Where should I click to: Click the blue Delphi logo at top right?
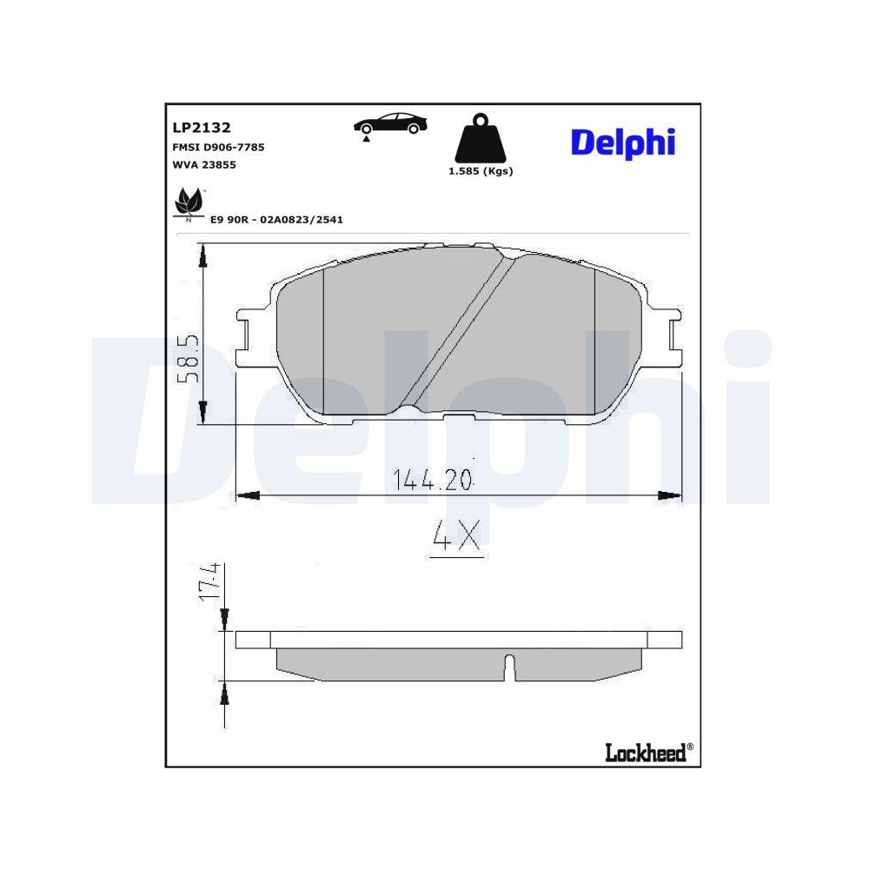pos(622,143)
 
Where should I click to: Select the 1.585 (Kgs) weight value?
pos(481,171)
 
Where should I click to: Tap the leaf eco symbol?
pos(187,204)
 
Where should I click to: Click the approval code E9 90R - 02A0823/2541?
pos(276,220)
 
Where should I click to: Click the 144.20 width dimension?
pos(432,479)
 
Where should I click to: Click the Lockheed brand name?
pos(645,752)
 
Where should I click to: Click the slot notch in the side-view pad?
pos(511,666)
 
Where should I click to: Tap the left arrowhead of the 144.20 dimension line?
pos(249,495)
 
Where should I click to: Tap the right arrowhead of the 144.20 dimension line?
pos(671,495)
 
